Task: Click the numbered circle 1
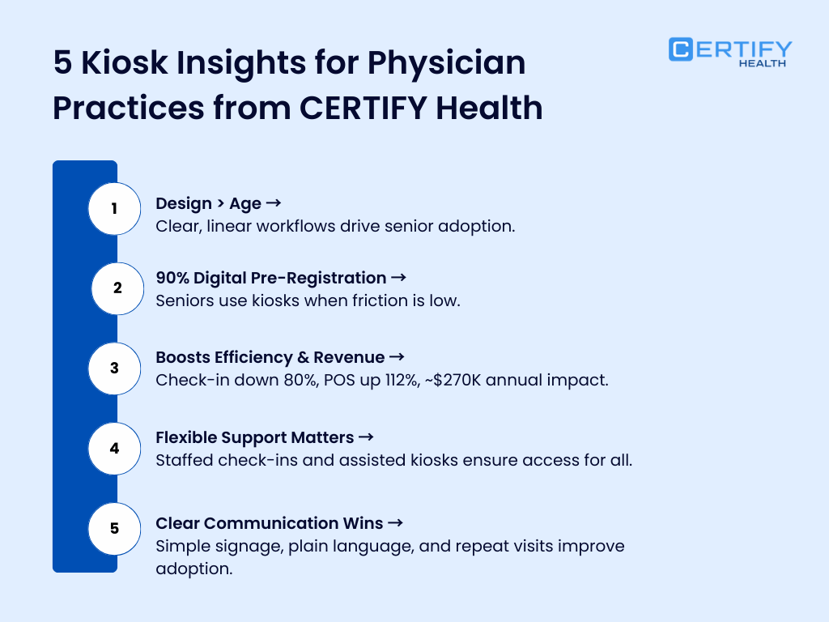click(114, 209)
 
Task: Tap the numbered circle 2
click(117, 288)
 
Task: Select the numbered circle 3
click(114, 368)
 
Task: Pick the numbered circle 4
click(114, 448)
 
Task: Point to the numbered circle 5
click(114, 528)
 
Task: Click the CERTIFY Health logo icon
click(681, 49)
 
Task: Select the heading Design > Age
click(208, 203)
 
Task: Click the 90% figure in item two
click(173, 278)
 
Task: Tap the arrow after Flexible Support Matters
click(366, 437)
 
